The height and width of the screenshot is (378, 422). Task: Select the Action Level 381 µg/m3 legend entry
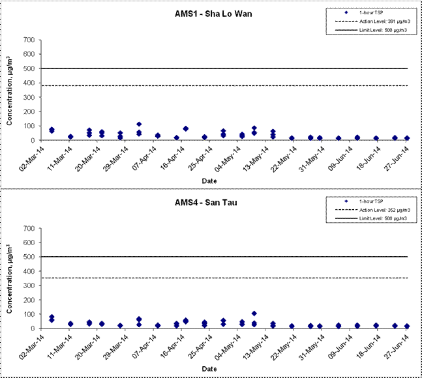click(373, 21)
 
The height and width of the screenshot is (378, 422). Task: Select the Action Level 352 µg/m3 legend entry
click(373, 210)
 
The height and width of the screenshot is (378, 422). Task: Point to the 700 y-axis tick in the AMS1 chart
click(29, 40)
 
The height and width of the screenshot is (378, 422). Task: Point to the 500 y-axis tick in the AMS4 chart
click(29, 257)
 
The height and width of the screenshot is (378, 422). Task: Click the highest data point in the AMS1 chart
click(139, 124)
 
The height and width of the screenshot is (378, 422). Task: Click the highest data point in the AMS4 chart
click(254, 313)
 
